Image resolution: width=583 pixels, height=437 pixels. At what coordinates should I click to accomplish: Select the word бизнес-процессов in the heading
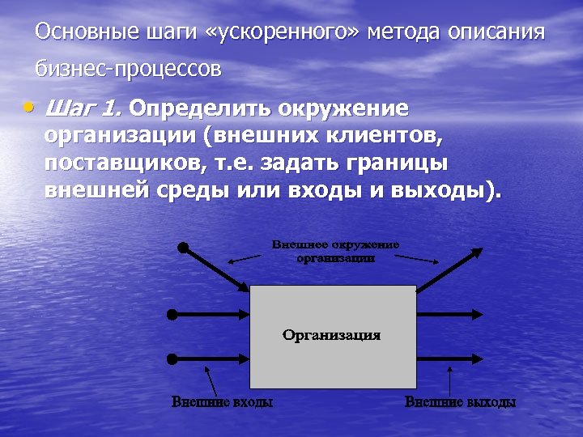pyautogui.click(x=128, y=70)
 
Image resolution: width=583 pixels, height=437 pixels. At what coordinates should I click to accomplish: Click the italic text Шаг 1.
pyautogui.click(x=83, y=108)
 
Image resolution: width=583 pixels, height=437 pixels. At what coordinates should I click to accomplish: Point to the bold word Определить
pyautogui.click(x=199, y=108)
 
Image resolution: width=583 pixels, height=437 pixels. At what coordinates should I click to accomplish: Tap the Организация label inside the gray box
pyautogui.click(x=331, y=335)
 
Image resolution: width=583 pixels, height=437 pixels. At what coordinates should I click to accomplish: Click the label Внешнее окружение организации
pyautogui.click(x=335, y=251)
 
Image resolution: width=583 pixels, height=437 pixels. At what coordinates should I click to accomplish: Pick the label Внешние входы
pyautogui.click(x=221, y=402)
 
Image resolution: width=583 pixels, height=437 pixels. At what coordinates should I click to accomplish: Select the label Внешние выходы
pyautogui.click(x=460, y=402)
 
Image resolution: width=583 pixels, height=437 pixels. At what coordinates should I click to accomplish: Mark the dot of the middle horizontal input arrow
pyautogui.click(x=172, y=314)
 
